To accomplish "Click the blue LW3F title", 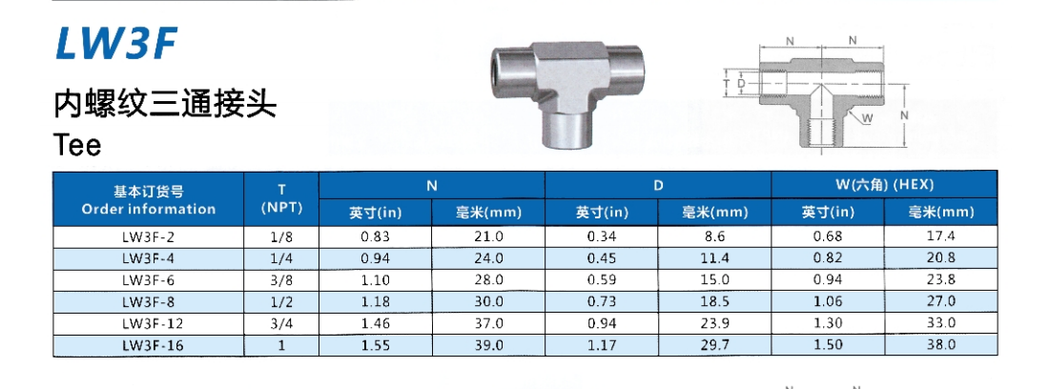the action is tap(115, 44).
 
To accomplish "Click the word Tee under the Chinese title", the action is tap(77, 145).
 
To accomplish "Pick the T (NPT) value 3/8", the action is tap(281, 279).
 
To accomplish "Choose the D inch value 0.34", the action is tap(602, 235).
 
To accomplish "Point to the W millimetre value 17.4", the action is tap(941, 235).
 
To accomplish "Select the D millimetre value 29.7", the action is tap(714, 345).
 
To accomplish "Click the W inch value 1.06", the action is tap(828, 301).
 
